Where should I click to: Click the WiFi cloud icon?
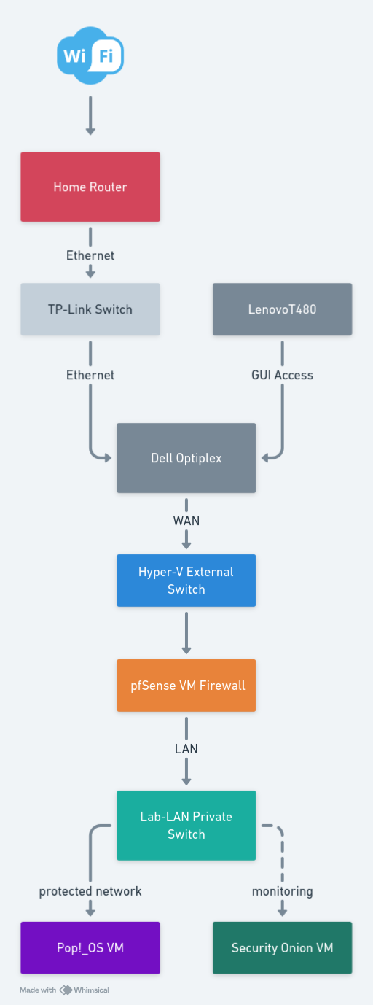pyautogui.click(x=90, y=52)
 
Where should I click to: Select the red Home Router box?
pyautogui.click(x=90, y=187)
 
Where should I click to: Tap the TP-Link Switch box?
pyautogui.click(x=90, y=309)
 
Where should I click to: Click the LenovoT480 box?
pyautogui.click(x=282, y=309)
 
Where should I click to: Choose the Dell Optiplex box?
pyautogui.click(x=186, y=458)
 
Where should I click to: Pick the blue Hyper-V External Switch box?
pyautogui.click(x=186, y=581)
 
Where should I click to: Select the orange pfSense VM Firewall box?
pyautogui.click(x=186, y=686)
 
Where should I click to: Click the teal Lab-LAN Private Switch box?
pyautogui.click(x=186, y=826)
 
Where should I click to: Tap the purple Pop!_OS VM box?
pyautogui.click(x=90, y=948)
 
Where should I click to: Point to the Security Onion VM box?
pyautogui.click(x=282, y=948)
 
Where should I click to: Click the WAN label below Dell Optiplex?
pyautogui.click(x=186, y=521)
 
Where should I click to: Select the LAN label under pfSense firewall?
pyautogui.click(x=186, y=748)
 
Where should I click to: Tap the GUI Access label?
pyautogui.click(x=282, y=375)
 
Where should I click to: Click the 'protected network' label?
pyautogui.click(x=90, y=891)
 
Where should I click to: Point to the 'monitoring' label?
pyautogui.click(x=282, y=891)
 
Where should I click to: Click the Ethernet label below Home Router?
pyautogui.click(x=90, y=255)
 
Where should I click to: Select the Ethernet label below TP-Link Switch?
pyautogui.click(x=90, y=375)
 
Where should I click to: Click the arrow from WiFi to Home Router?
pyautogui.click(x=90, y=115)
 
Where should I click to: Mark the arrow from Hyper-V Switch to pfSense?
pyautogui.click(x=186, y=633)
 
